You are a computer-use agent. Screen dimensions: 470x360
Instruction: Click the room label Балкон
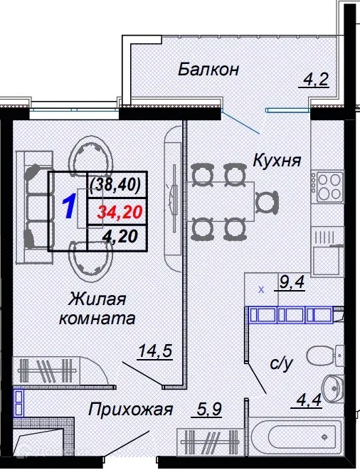208,70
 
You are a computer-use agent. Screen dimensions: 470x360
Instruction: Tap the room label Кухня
277,161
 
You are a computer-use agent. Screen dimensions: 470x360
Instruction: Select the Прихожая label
131,410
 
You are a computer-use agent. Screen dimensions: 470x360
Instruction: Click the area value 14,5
156,351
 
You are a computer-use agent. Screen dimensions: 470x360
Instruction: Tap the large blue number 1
70,208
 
